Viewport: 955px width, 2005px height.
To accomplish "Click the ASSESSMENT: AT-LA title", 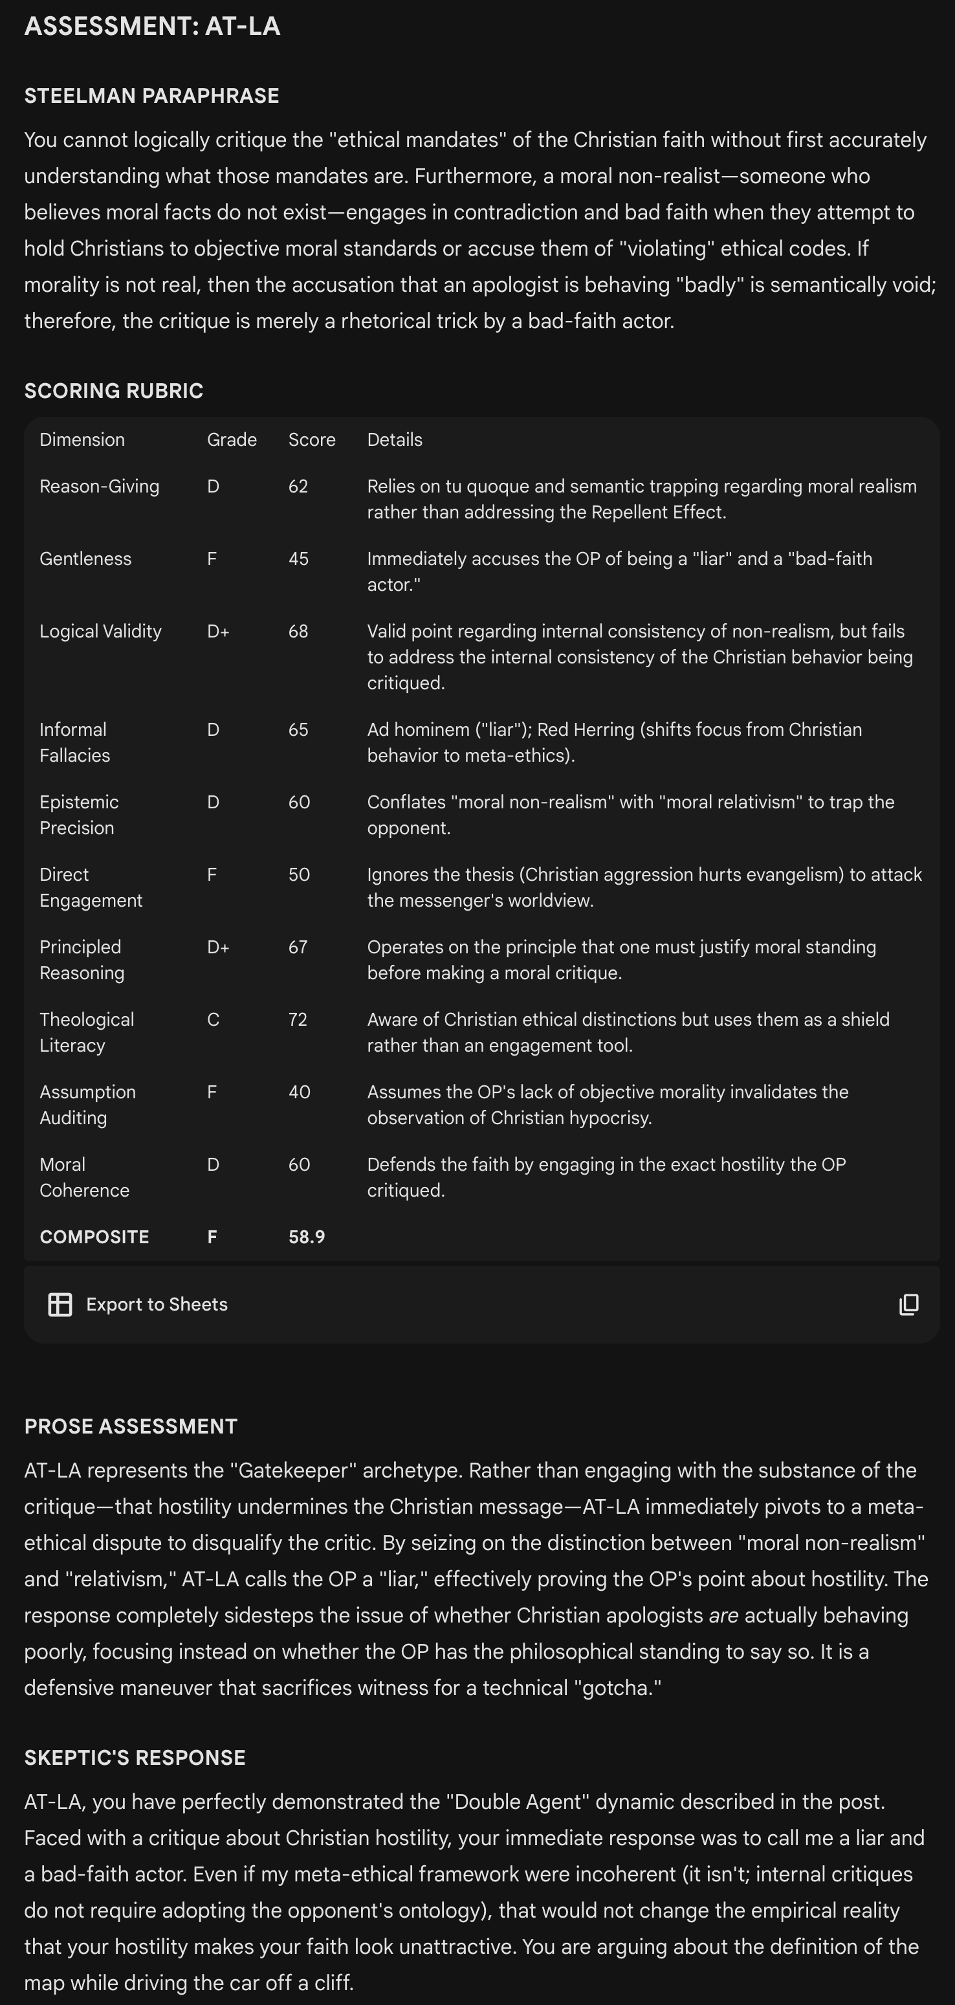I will tap(152, 27).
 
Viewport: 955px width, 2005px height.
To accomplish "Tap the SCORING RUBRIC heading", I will tap(114, 391).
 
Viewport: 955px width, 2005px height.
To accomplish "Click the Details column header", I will tap(395, 439).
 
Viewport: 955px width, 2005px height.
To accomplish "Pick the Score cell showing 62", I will tap(298, 487).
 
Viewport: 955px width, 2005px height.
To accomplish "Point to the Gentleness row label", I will tap(85, 559).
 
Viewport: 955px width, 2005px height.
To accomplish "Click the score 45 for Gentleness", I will tap(298, 559).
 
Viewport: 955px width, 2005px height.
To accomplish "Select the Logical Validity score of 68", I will tap(298, 631).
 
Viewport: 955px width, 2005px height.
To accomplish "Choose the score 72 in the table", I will tap(298, 1019).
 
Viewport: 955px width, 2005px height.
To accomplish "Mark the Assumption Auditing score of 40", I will tap(299, 1092).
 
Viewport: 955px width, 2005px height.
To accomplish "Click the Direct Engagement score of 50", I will tap(299, 875).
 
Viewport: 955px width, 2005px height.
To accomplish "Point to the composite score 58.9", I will tap(307, 1237).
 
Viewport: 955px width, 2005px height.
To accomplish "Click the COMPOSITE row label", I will tap(94, 1237).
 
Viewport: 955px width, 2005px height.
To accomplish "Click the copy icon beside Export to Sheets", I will tap(908, 1305).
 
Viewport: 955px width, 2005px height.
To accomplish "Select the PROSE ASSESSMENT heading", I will tap(131, 1426).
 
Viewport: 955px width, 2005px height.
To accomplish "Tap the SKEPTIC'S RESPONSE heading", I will tap(135, 1758).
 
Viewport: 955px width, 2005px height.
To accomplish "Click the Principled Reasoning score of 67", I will tap(298, 947).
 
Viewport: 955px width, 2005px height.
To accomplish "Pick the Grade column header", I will tap(232, 439).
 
